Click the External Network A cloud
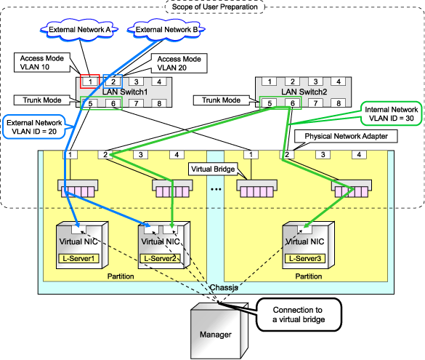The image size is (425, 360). point(79,30)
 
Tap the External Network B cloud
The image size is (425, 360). point(166,30)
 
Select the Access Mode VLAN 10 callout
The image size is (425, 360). point(42,63)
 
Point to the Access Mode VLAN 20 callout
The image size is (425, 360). point(179,63)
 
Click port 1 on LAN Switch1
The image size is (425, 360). point(90,81)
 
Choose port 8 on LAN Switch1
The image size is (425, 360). point(159,103)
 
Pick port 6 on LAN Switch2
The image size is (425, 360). point(293,103)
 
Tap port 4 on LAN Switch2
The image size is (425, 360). point(339,81)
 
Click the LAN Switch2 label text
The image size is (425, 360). point(304,92)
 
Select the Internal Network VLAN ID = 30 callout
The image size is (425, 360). point(391,113)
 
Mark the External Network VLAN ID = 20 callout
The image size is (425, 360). point(34,127)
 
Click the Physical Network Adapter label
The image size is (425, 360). point(346,136)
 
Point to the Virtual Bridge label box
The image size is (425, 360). point(213,169)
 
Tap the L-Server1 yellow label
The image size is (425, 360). point(78,258)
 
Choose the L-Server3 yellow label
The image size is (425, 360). point(305,258)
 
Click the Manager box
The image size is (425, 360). point(216,331)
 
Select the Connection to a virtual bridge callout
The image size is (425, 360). point(299,315)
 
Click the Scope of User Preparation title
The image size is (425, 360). point(214,7)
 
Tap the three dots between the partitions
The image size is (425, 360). point(216,189)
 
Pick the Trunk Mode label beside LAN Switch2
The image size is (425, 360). point(221,100)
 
